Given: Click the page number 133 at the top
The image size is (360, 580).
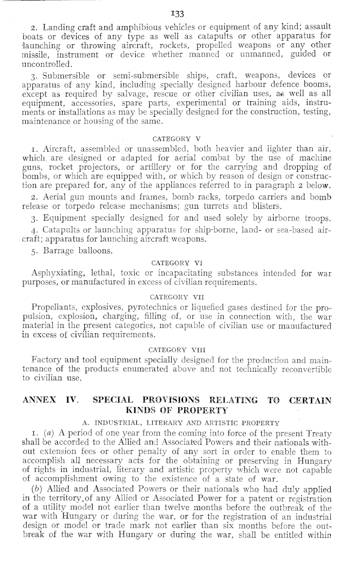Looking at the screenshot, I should (179, 14).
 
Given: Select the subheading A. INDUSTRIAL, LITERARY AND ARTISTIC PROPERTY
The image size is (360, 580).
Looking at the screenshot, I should (181, 423).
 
